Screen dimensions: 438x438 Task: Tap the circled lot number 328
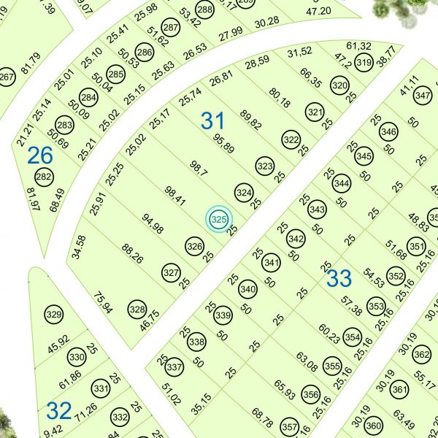137,310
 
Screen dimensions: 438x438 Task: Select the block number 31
213,120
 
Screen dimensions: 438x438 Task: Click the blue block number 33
339,278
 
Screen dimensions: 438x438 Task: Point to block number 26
40,155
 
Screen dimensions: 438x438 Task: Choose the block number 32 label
58,410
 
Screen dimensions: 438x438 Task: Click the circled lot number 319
363,64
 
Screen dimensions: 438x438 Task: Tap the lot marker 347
422,96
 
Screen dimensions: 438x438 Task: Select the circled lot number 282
44,177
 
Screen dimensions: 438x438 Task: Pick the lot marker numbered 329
53,315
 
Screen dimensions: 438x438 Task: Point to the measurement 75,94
104,301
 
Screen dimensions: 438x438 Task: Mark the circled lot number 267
7,79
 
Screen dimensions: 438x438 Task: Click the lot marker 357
290,427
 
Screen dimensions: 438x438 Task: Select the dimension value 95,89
224,143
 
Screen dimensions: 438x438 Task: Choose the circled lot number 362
421,356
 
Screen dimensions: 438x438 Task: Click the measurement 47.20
319,11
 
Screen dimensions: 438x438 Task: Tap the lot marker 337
174,366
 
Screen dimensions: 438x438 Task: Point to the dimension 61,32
359,46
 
